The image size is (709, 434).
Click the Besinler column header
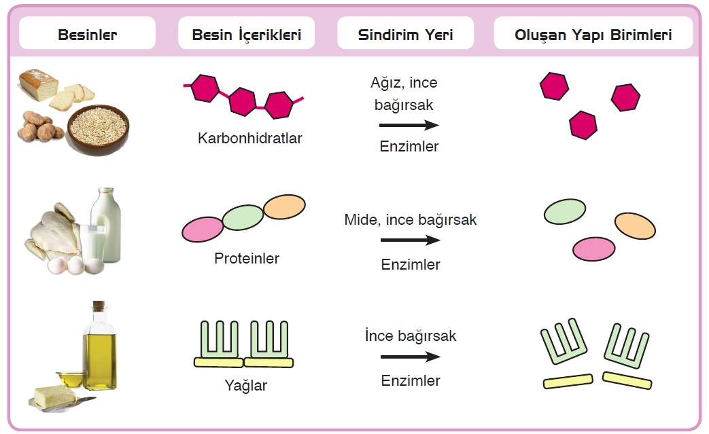click(x=87, y=34)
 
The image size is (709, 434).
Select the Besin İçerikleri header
click(x=246, y=34)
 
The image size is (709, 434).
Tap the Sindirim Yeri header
click(x=405, y=34)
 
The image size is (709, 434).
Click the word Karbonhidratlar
click(x=249, y=139)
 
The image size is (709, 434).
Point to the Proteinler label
click(x=246, y=259)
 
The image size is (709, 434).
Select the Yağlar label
click(x=245, y=386)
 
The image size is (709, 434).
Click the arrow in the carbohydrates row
click(x=409, y=125)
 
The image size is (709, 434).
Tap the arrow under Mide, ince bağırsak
click(x=410, y=240)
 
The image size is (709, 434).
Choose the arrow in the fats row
click(x=410, y=357)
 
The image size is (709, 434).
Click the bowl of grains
click(x=98, y=128)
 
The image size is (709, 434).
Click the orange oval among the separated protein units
click(x=635, y=225)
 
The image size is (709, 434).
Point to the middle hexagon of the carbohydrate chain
click(x=242, y=102)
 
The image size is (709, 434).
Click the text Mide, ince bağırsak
click(x=410, y=220)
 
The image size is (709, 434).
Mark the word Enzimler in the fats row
click(x=410, y=381)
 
